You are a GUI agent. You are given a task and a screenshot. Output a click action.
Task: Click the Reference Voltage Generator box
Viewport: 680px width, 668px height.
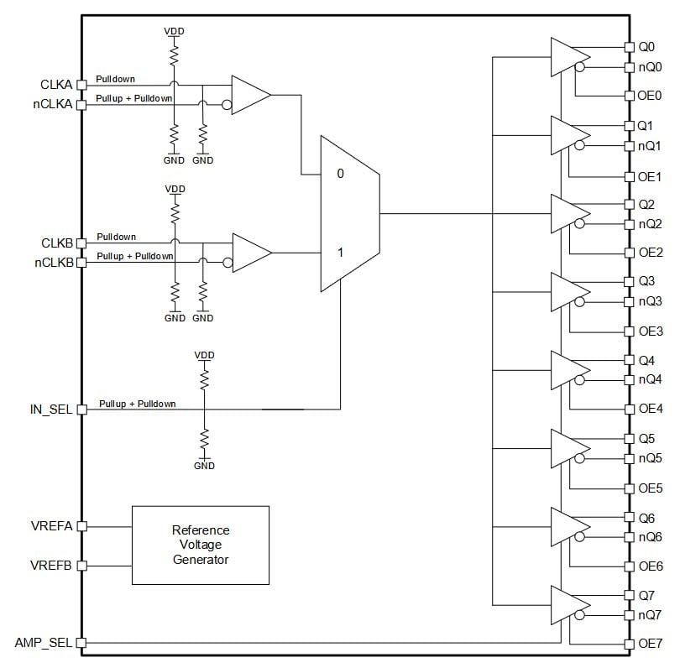click(201, 545)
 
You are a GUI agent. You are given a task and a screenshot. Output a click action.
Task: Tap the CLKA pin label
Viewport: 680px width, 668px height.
click(56, 85)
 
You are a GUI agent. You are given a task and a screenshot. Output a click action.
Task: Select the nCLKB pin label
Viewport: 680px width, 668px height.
click(55, 263)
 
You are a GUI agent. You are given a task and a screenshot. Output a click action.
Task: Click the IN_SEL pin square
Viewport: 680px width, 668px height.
click(81, 410)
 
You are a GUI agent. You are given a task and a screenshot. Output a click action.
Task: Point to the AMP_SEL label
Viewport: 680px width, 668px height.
click(44, 643)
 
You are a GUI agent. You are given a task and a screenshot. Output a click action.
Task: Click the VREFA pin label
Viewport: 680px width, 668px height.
click(51, 526)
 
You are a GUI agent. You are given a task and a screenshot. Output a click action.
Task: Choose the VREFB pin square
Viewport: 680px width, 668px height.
click(81, 566)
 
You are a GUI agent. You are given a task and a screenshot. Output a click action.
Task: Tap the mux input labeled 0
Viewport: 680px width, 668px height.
click(341, 174)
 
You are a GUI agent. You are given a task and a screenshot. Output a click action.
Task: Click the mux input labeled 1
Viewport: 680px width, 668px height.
click(341, 253)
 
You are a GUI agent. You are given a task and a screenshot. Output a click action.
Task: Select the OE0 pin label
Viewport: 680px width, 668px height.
click(649, 96)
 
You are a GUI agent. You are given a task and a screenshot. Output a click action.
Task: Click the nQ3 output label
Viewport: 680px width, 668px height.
click(650, 301)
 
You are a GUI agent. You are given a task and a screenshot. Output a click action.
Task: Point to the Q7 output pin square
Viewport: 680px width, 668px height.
click(629, 595)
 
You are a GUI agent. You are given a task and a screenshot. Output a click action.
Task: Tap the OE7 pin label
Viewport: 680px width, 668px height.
click(650, 644)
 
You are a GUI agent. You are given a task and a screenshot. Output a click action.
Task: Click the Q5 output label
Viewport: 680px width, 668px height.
click(646, 439)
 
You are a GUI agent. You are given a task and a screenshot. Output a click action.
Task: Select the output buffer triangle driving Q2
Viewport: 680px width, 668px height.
click(570, 213)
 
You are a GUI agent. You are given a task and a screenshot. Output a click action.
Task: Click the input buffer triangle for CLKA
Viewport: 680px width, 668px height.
click(251, 95)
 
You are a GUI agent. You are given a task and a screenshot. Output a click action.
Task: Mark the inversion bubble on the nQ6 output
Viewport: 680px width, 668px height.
click(579, 537)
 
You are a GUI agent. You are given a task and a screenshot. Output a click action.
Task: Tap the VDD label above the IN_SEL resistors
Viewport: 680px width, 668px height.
click(204, 356)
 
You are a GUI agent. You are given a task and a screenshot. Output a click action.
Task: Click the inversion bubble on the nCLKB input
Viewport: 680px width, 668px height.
click(228, 263)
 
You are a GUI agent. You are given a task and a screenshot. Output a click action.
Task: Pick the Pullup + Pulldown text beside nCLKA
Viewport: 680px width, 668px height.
click(134, 99)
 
